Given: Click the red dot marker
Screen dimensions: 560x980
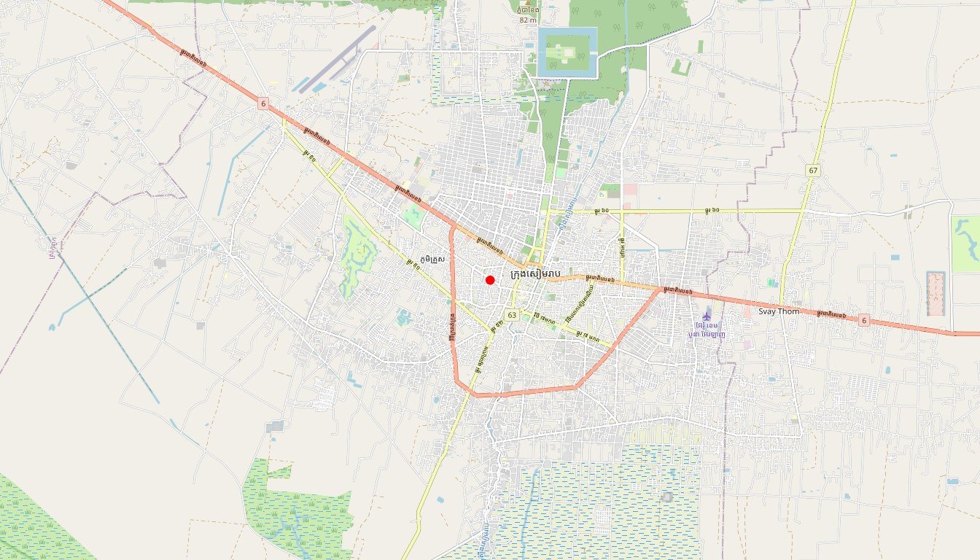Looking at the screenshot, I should pyautogui.click(x=490, y=280).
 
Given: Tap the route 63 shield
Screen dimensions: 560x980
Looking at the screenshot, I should pyautogui.click(x=512, y=315).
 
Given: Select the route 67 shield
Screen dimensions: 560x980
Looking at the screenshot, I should pyautogui.click(x=813, y=170).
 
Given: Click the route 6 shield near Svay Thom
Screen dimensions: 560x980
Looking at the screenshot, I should pyautogui.click(x=863, y=319).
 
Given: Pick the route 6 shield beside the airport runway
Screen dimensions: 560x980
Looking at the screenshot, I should pyautogui.click(x=262, y=104).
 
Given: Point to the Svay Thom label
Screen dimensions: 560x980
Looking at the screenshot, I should pyautogui.click(x=778, y=311).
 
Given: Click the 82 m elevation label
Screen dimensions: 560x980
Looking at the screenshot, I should pyautogui.click(x=528, y=20).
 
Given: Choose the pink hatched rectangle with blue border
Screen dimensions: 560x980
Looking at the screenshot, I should pyautogui.click(x=936, y=293).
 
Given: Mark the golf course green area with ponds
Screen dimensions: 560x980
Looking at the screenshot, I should pyautogui.click(x=357, y=255).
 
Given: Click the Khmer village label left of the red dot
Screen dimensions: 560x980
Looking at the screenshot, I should pyautogui.click(x=432, y=260).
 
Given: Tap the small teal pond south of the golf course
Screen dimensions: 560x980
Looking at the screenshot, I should pyautogui.click(x=403, y=316).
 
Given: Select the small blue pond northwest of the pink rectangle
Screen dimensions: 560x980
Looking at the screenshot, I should pyautogui.click(x=894, y=257).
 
